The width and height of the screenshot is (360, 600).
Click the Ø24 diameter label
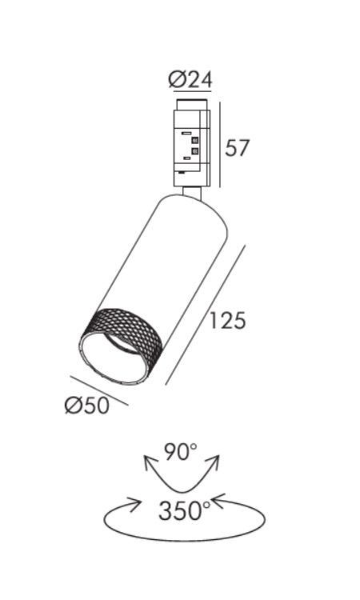coord(190,79)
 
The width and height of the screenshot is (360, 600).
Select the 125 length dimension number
coord(227,320)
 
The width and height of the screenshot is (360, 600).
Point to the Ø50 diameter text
coord(87,406)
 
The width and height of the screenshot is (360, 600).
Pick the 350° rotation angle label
coord(185,510)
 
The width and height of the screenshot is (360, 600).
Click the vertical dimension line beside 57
coord(220,145)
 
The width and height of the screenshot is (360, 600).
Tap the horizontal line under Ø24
coord(192,91)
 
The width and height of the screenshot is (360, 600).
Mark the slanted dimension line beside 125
coord(206,315)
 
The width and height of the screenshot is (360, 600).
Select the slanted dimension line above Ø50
coord(99,390)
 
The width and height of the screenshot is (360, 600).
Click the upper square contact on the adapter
coord(195,140)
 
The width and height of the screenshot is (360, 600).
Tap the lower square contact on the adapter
coord(195,150)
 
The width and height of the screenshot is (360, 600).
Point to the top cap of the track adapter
coord(192,105)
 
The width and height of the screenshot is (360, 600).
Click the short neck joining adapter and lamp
coord(192,193)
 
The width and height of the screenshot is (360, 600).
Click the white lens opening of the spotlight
coord(114,358)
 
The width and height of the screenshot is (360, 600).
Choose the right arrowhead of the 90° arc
coord(214,462)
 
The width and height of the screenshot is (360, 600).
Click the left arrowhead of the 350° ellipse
coord(133,504)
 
